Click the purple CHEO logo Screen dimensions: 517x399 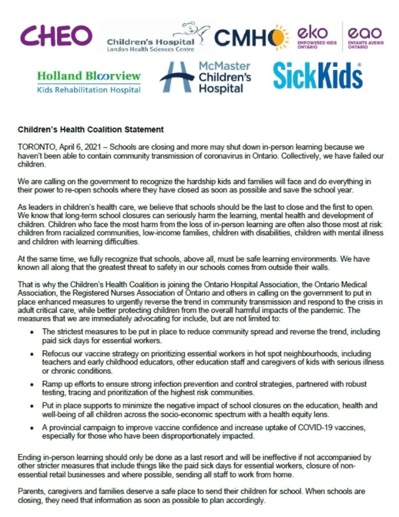pos(56,36)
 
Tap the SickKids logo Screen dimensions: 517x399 pos(318,76)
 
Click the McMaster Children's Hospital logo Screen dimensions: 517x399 pos(205,78)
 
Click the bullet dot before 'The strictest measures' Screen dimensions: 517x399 pos(32,332)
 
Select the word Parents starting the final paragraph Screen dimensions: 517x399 pos(32,491)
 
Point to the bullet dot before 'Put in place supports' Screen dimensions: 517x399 pos(32,406)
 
